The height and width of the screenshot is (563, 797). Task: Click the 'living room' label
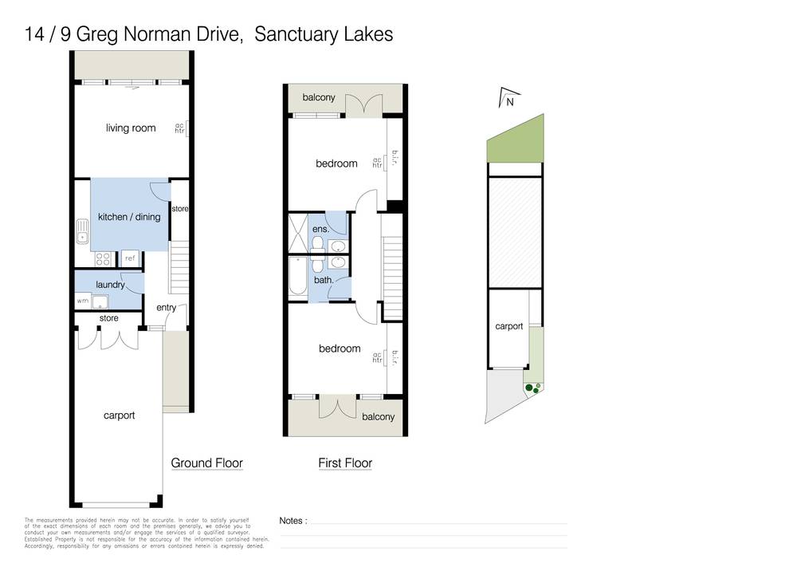131,128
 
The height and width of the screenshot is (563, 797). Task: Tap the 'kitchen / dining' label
128,217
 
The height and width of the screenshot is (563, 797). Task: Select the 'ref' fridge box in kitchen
130,258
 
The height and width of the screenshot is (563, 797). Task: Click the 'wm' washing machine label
82,301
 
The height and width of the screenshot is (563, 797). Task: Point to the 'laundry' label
109,284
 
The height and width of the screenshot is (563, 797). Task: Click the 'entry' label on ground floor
167,308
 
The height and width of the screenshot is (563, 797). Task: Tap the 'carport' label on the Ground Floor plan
119,415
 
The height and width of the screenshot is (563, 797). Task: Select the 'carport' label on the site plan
508,326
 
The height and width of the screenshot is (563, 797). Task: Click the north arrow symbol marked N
507,100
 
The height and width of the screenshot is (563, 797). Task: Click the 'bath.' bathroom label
323,280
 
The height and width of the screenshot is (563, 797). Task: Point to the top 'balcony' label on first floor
319,98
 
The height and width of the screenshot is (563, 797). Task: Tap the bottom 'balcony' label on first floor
378,417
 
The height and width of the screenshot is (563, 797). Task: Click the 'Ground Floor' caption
206,463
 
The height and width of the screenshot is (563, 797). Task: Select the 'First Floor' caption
345,463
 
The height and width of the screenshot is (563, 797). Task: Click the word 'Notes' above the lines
292,521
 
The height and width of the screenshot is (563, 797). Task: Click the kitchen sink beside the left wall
82,232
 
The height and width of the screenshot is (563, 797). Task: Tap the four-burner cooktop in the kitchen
103,258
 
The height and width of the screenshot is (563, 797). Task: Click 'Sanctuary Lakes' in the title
323,35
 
